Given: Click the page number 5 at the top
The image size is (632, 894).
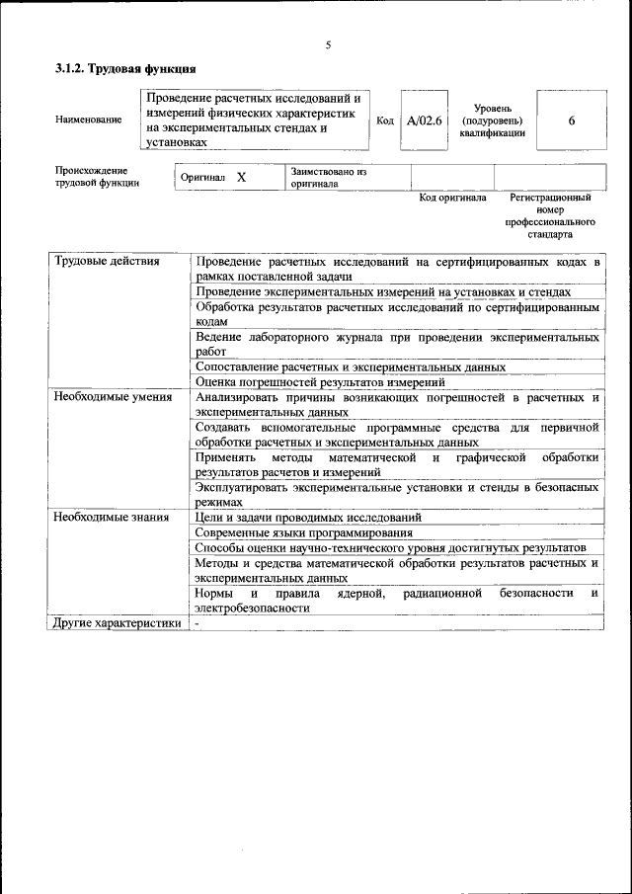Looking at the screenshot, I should click(x=328, y=44).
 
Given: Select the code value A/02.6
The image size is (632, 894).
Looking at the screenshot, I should click(x=424, y=121).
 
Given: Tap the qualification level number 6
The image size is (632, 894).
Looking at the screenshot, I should click(x=572, y=121).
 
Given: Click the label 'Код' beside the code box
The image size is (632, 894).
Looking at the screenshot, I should click(x=385, y=121).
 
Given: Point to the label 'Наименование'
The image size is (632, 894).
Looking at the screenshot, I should click(x=89, y=121).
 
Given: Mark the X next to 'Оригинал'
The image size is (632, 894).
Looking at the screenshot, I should click(x=241, y=177).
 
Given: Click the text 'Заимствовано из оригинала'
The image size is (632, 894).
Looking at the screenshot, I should click(x=329, y=177).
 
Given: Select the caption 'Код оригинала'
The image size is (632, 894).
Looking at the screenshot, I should click(x=452, y=198).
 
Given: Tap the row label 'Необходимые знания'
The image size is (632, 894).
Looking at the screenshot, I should click(x=111, y=517).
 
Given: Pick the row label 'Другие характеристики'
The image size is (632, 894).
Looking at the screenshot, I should click(x=117, y=623).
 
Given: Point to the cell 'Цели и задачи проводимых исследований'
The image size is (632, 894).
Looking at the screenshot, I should click(x=308, y=517).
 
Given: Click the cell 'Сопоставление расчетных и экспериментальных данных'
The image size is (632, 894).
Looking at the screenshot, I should click(x=351, y=366).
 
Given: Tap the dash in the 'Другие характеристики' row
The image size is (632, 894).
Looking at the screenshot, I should click(x=197, y=623).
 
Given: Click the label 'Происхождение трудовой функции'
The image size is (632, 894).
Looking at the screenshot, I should click(x=97, y=177).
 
